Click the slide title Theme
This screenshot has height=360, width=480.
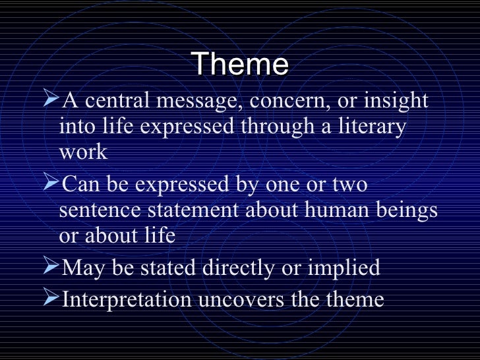coord(241,65)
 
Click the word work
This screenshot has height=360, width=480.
coord(82,152)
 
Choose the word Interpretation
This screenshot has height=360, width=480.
coord(126,300)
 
